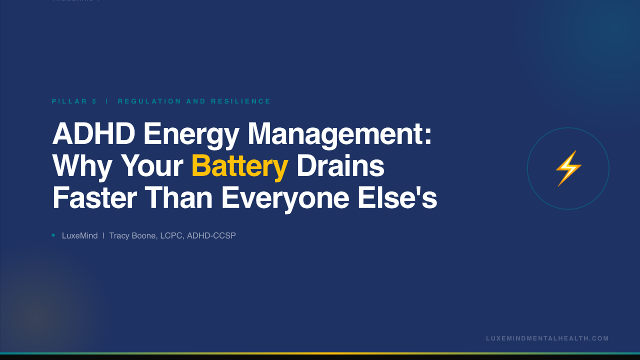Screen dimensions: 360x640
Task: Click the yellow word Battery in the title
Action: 239,166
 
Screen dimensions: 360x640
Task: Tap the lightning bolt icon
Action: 568,168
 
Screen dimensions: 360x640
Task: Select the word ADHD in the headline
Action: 93,134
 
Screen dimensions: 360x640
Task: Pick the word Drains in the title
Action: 340,166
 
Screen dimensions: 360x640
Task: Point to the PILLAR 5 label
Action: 74,101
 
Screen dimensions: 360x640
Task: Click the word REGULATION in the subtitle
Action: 149,101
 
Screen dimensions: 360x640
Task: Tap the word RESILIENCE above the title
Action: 241,101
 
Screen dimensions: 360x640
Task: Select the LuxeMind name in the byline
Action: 80,235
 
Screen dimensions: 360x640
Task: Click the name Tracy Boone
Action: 132,235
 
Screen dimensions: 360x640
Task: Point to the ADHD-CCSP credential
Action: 211,235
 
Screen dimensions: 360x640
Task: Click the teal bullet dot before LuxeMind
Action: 53,235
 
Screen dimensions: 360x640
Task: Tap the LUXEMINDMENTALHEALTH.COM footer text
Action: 547,338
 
